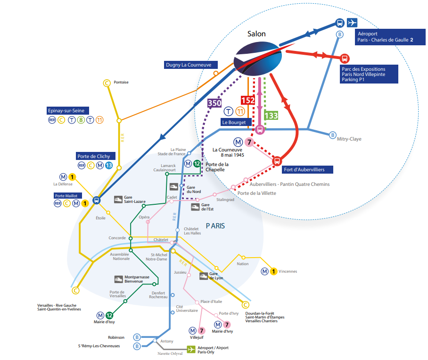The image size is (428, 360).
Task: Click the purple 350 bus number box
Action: [214, 103]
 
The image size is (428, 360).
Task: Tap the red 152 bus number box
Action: [248, 100]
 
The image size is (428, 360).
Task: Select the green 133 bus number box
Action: [271, 116]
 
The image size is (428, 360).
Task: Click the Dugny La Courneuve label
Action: [188, 65]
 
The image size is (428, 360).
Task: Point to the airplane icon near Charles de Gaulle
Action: [352, 23]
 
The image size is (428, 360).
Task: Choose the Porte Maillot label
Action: [66, 195]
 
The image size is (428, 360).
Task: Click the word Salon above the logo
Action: [256, 33]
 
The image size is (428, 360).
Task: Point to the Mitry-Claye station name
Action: [349, 139]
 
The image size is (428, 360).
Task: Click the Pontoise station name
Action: [121, 82]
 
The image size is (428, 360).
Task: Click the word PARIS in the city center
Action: [215, 226]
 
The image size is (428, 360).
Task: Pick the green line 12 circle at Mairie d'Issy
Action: [109, 315]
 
